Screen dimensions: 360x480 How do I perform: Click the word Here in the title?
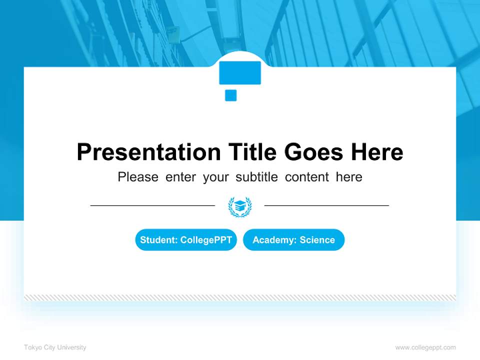(376, 152)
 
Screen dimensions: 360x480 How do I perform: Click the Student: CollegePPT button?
(186, 240)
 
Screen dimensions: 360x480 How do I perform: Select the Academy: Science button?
(293, 240)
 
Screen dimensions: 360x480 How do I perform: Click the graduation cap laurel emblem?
(240, 206)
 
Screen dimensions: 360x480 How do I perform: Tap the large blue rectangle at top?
(240, 73)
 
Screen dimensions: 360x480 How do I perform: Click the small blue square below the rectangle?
(230, 95)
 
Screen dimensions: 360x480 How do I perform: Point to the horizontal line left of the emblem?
(152, 205)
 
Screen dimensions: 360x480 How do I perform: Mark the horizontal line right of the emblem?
(326, 205)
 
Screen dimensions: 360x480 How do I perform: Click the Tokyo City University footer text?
(55, 347)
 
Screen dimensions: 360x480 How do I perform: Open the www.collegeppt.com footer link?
(425, 347)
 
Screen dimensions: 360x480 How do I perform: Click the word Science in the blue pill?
(317, 240)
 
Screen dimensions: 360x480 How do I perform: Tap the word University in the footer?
(72, 347)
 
